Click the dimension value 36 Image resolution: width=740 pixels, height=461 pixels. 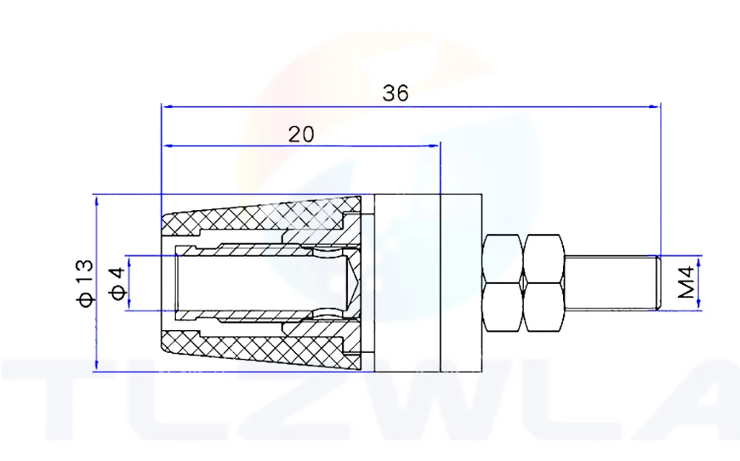click(x=395, y=93)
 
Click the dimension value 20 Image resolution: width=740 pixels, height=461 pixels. click(x=300, y=134)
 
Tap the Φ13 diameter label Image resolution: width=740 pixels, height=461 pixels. click(x=85, y=283)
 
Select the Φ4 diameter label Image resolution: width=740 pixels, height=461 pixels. click(x=116, y=283)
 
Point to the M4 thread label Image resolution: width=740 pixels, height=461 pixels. click(x=687, y=283)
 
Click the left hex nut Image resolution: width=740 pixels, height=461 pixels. click(x=502, y=283)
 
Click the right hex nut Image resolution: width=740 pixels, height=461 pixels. click(x=546, y=283)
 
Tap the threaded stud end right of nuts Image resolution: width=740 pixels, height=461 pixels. click(x=614, y=282)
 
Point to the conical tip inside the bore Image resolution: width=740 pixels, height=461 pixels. click(x=354, y=283)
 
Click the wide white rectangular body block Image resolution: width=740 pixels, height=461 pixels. click(x=407, y=283)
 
